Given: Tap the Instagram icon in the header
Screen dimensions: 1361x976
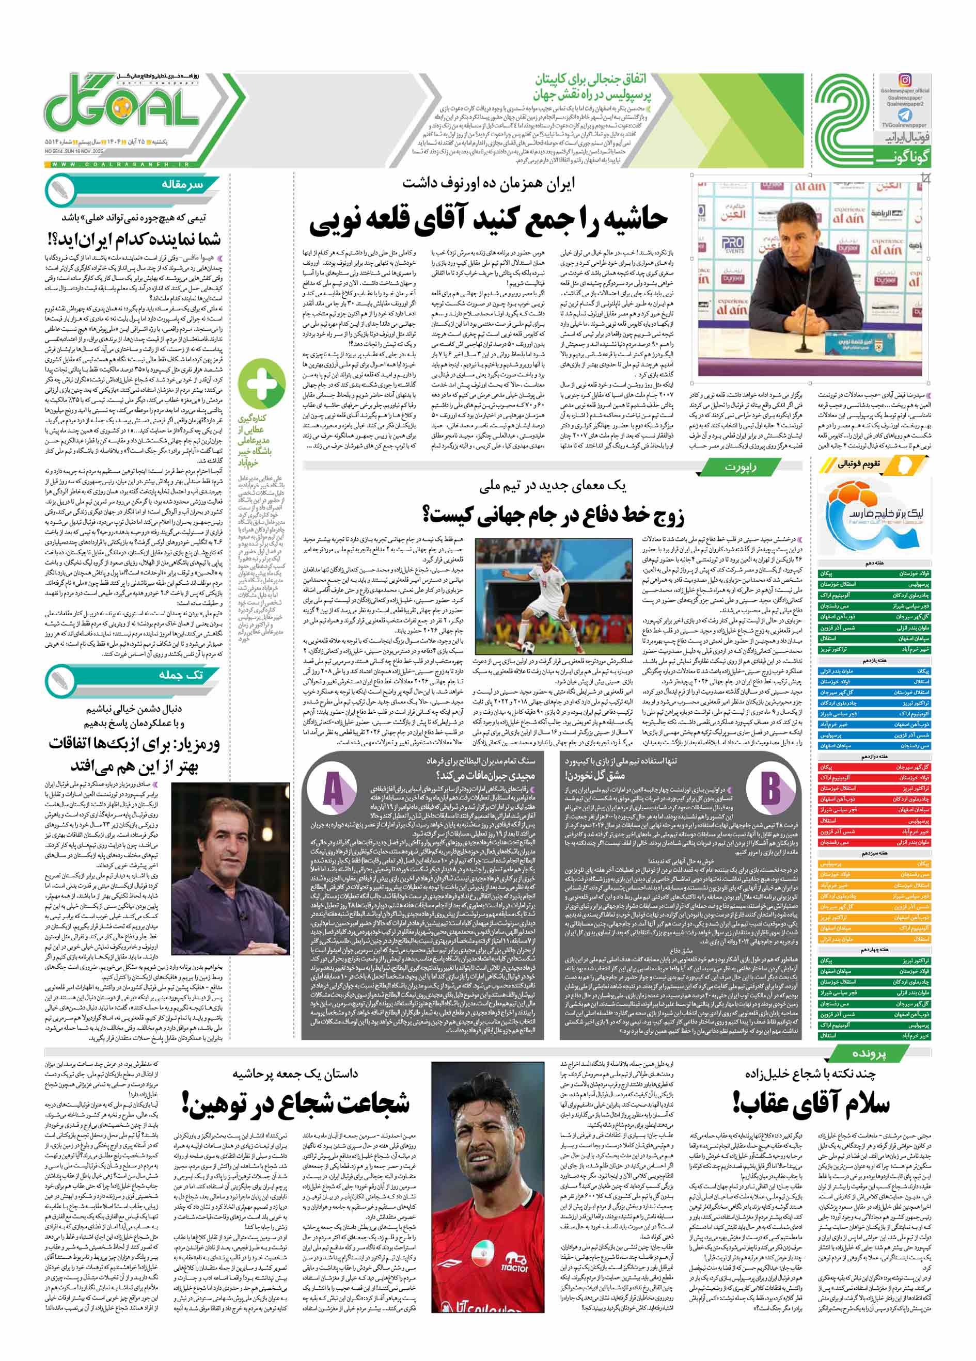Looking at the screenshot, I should (905, 80).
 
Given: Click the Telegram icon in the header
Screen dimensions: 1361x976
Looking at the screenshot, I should (905, 115).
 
